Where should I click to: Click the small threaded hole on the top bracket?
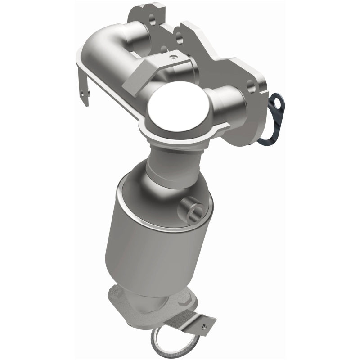(x=171, y=57)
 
